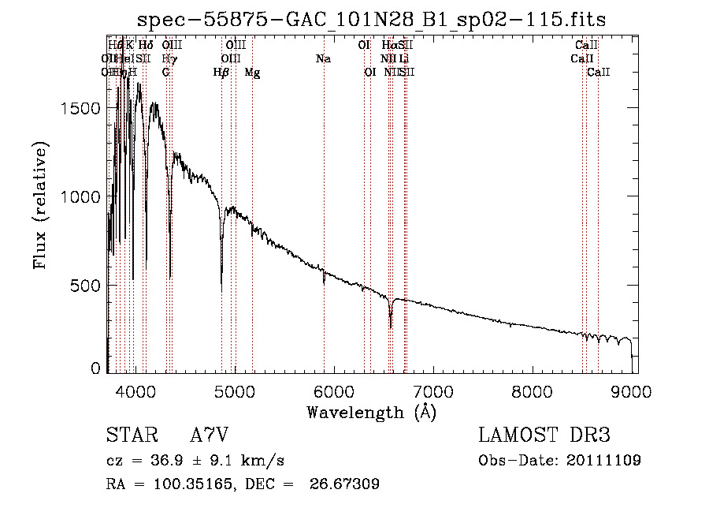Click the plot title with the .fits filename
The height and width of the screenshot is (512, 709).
(x=371, y=20)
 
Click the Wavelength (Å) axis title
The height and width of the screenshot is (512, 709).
(x=371, y=412)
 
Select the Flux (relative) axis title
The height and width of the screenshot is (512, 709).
(x=42, y=206)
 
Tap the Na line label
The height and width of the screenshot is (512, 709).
(x=323, y=58)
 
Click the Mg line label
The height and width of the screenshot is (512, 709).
(x=252, y=72)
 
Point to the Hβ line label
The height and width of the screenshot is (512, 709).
(x=221, y=72)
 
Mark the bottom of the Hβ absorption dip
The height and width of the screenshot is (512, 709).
(x=221, y=287)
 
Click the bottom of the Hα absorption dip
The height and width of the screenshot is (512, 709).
(x=391, y=327)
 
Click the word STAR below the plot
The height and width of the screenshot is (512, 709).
(x=130, y=435)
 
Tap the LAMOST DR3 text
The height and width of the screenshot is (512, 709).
(x=544, y=435)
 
